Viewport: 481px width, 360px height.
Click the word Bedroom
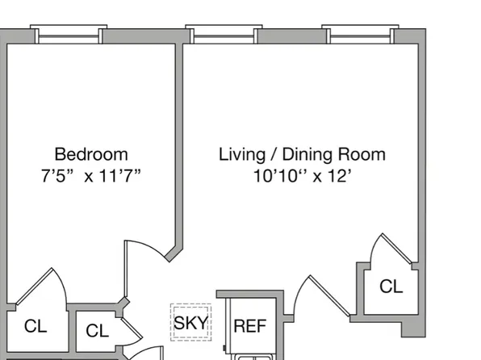(91, 154)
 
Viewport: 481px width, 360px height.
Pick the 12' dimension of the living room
(339, 177)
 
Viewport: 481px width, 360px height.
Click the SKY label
(190, 324)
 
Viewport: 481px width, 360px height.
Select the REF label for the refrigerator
(249, 326)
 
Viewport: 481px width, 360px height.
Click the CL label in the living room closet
(391, 287)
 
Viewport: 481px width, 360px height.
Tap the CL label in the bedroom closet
(36, 326)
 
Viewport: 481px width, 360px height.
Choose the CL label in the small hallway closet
(97, 331)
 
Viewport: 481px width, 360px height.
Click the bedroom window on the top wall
(69, 35)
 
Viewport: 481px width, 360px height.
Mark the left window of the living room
(224, 35)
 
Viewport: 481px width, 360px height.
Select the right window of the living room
(360, 35)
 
